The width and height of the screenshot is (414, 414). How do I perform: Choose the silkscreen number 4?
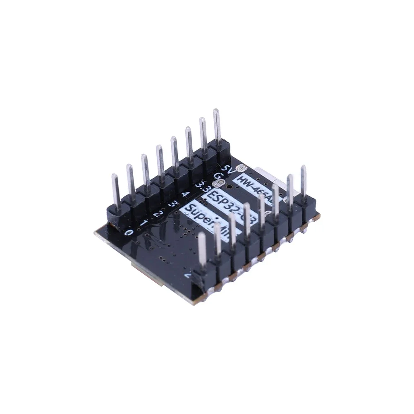[x=184, y=194]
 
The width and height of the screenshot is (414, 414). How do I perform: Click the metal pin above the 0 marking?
[x=116, y=190]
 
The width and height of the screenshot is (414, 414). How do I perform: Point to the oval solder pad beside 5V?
[x=241, y=168]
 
